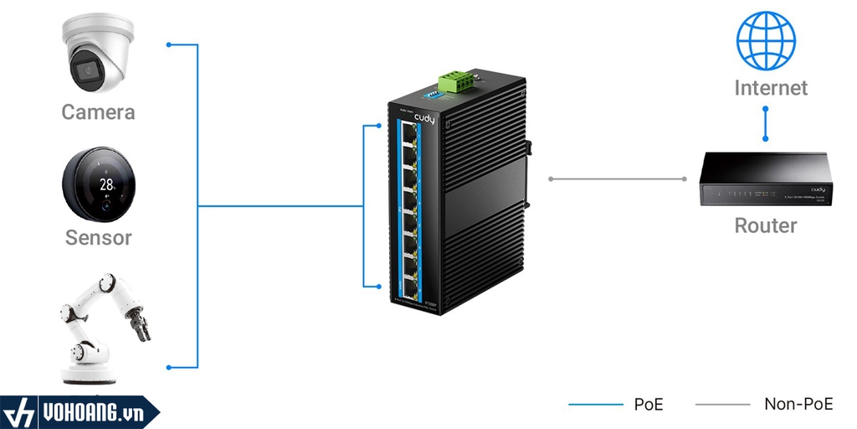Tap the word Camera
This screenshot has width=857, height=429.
[x=98, y=112]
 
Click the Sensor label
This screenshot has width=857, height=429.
[x=99, y=237]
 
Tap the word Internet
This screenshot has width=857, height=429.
[x=771, y=88]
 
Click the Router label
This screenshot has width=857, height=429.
[x=765, y=225]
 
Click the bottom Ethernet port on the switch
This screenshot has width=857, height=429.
[x=409, y=278]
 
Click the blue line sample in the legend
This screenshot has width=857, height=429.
[x=596, y=405]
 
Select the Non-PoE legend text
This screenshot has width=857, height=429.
[x=798, y=404]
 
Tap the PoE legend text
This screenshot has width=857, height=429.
[x=649, y=405]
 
